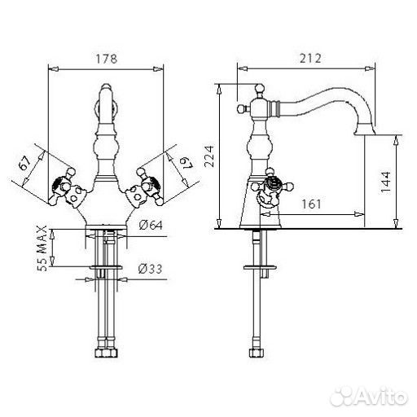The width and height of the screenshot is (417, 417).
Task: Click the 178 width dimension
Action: (107, 59)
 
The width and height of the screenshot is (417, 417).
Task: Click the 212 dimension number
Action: (310, 59)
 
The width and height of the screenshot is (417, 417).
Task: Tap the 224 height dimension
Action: (209, 156)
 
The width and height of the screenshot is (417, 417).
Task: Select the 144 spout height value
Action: (385, 182)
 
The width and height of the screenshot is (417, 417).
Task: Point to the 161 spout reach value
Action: (311, 204)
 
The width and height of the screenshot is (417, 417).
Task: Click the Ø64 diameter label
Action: (151, 225)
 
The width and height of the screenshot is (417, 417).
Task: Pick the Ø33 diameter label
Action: (150, 269)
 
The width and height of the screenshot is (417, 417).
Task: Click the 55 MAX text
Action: (42, 248)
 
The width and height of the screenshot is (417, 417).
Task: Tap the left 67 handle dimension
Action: (25, 163)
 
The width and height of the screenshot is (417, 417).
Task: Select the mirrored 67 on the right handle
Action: (187, 163)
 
